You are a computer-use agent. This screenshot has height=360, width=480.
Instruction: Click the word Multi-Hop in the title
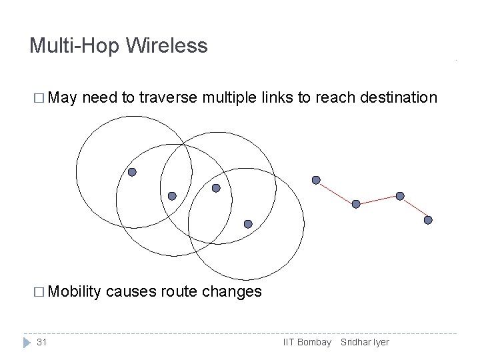coord(75,46)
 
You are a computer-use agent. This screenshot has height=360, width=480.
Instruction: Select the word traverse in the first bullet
coord(170,99)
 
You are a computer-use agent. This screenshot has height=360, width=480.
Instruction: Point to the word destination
coord(399,99)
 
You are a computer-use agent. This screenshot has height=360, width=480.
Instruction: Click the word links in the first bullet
coord(276,99)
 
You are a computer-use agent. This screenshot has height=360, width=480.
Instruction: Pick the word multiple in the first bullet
coord(230,99)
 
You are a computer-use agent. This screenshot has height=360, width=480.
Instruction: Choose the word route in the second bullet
coord(179,291)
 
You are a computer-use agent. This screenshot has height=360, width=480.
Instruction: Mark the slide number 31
coord(41,342)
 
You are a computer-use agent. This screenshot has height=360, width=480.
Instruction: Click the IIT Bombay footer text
coord(307,342)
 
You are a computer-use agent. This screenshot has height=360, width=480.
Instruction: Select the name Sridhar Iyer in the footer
coord(365,342)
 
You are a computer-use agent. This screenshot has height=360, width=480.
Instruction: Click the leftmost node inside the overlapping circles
coord(132,172)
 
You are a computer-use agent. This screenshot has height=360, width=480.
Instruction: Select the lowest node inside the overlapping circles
coord(248,224)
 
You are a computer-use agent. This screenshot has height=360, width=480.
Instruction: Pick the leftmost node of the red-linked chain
coord(316,180)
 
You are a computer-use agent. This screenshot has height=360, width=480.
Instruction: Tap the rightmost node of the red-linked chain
coord(428,220)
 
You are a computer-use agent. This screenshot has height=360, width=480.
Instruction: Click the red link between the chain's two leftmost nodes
coord(336,192)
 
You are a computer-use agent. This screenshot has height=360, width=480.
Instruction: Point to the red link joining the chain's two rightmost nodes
coord(414,208)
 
